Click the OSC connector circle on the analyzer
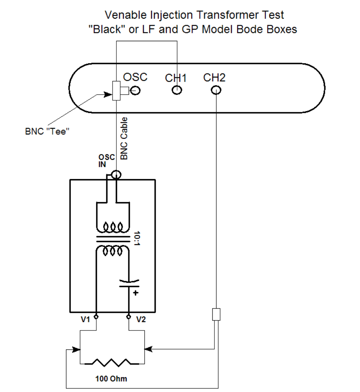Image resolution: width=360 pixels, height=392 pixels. pos(136,91)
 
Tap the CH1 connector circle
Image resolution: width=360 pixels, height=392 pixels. pos(177,90)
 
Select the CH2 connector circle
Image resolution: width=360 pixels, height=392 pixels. pos(216,90)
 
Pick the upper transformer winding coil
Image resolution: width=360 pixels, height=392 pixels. pos(112,228)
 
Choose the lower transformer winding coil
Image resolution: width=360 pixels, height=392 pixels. pos(112,251)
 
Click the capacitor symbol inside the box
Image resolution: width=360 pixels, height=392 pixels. pos(129,284)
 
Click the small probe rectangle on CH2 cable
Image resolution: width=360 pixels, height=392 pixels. pos(216,314)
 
